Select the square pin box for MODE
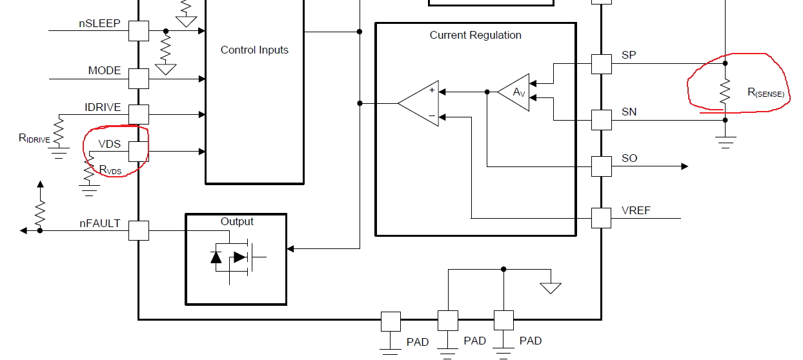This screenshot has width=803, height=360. [x=138, y=79]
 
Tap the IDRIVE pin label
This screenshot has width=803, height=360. [x=103, y=107]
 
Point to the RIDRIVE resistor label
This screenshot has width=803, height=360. [x=34, y=138]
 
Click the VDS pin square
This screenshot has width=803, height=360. [x=138, y=152]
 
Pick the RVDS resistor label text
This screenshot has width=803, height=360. [x=110, y=170]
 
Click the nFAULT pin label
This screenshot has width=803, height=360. [x=99, y=223]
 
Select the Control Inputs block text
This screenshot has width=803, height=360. [x=254, y=50]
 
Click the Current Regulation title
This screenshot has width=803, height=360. [x=475, y=35]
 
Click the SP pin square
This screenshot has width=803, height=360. [x=601, y=64]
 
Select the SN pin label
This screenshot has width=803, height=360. [x=629, y=112]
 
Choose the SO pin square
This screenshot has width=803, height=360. [x=601, y=166]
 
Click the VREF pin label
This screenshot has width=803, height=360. [x=636, y=211]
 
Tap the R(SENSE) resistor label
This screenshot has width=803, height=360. [x=766, y=92]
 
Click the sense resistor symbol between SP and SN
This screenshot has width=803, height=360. [x=725, y=91]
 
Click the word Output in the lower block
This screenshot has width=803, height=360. [x=237, y=221]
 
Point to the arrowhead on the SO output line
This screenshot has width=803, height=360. [x=684, y=166]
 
